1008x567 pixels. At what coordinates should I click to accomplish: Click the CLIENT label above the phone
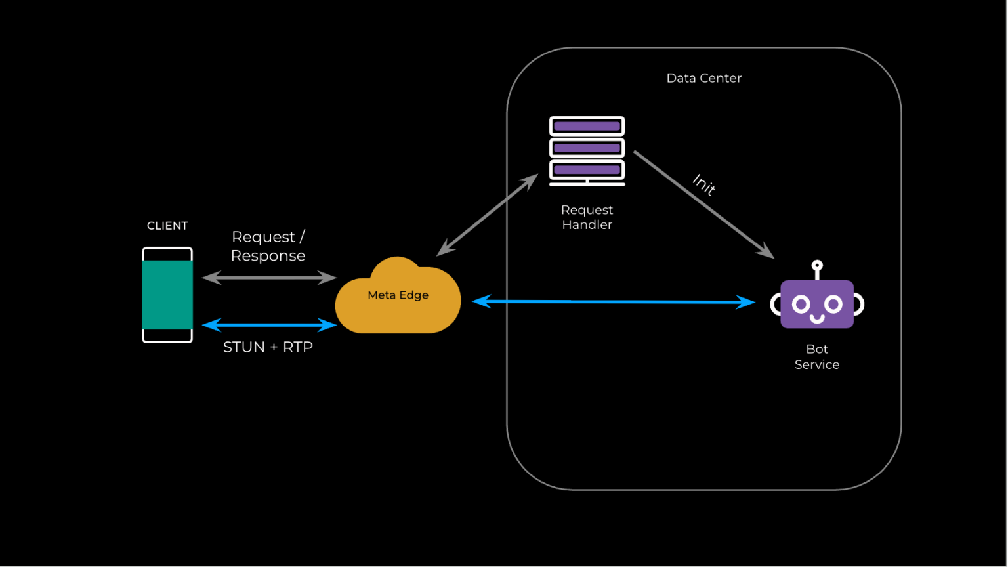click(x=167, y=226)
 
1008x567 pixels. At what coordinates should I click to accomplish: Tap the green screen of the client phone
click(x=167, y=295)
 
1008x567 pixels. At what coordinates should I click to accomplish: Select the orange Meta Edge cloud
click(x=398, y=302)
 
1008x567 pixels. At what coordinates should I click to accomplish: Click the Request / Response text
click(x=268, y=246)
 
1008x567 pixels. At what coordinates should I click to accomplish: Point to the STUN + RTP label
click(x=268, y=347)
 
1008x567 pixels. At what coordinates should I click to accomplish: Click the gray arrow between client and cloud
click(x=269, y=278)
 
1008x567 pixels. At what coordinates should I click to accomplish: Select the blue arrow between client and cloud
click(x=269, y=325)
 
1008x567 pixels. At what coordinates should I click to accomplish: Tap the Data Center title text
click(x=703, y=78)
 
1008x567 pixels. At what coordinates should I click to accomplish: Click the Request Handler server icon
click(x=587, y=150)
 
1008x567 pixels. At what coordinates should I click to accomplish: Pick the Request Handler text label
click(x=587, y=217)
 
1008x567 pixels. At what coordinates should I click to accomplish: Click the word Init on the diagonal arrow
click(x=704, y=185)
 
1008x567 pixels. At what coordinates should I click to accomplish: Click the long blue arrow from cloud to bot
click(x=614, y=302)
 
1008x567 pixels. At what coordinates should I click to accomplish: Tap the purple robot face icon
click(x=817, y=304)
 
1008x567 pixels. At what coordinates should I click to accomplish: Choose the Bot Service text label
click(x=817, y=357)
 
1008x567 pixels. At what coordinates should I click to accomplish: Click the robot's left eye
click(x=801, y=304)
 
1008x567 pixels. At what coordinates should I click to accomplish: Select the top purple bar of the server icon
click(x=587, y=126)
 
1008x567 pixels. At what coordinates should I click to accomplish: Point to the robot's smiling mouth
click(x=817, y=319)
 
